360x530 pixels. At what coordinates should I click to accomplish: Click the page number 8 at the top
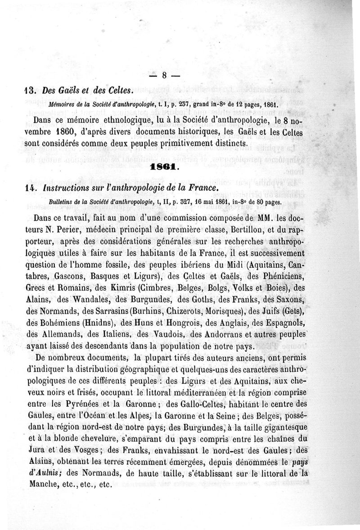click(x=164, y=75)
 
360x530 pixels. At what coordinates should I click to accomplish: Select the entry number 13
click(x=31, y=90)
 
